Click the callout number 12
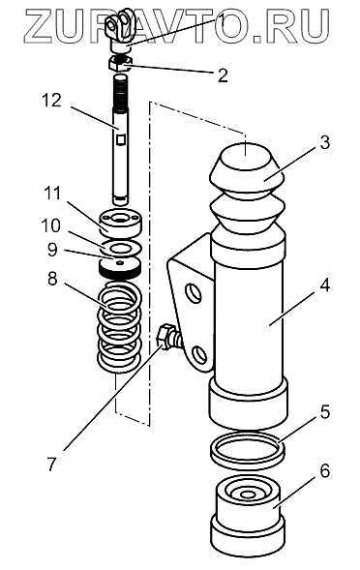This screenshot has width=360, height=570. [x=51, y=100]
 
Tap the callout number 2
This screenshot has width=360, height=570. [x=223, y=75]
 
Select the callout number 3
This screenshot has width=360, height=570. [x=325, y=142]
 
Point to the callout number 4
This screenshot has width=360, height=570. [x=325, y=285]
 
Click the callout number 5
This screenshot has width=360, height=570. [x=325, y=412]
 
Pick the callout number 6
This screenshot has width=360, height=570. [x=325, y=470]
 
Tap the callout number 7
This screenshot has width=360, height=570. [x=52, y=465]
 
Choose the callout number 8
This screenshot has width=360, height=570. [x=52, y=279]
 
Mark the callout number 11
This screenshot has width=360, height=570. [x=51, y=194]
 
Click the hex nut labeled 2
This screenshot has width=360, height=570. [x=121, y=63]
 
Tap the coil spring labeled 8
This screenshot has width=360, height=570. [x=120, y=326]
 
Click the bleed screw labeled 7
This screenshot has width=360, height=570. [x=168, y=337]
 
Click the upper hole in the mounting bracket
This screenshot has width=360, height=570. [x=193, y=292]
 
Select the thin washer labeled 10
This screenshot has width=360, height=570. [x=120, y=248]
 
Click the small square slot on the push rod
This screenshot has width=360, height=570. [x=120, y=138]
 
